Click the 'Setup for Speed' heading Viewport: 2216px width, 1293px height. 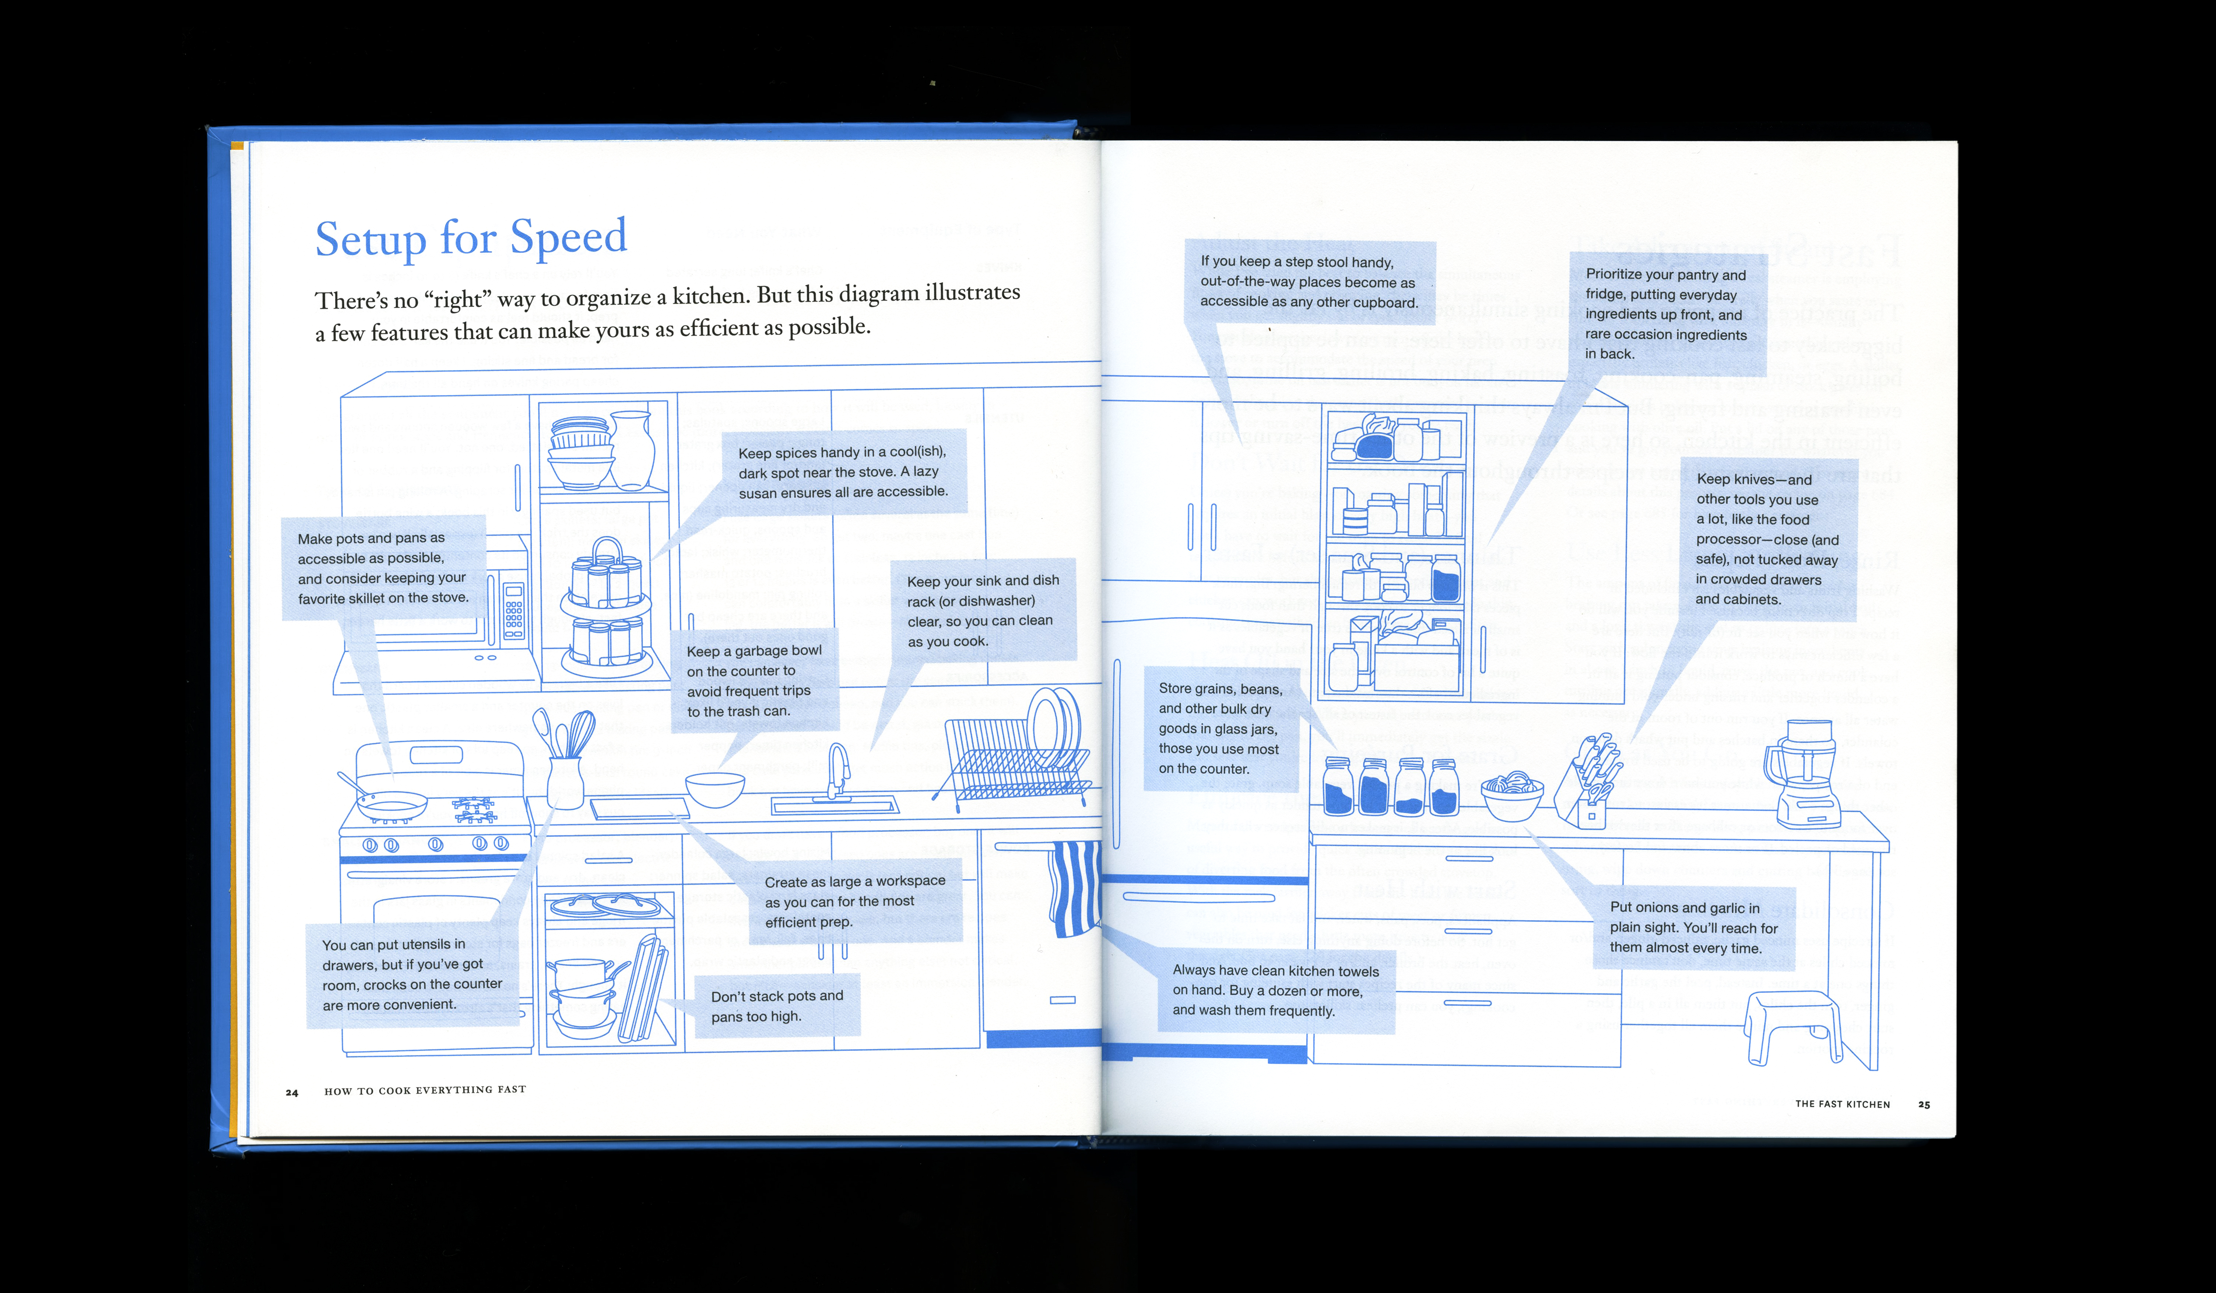pyautogui.click(x=470, y=238)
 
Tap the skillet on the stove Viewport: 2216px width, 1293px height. pyautogui.click(x=391, y=802)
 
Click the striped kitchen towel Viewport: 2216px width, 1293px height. pyautogui.click(x=1075, y=888)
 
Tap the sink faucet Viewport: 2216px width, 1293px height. pyautogui.click(x=838, y=770)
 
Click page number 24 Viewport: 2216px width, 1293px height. pyautogui.click(x=292, y=1093)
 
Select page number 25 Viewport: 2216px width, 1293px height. pyautogui.click(x=1924, y=1105)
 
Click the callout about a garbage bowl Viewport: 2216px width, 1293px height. pyautogui.click(x=755, y=680)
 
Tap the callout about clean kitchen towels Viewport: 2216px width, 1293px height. pyautogui.click(x=1275, y=990)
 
